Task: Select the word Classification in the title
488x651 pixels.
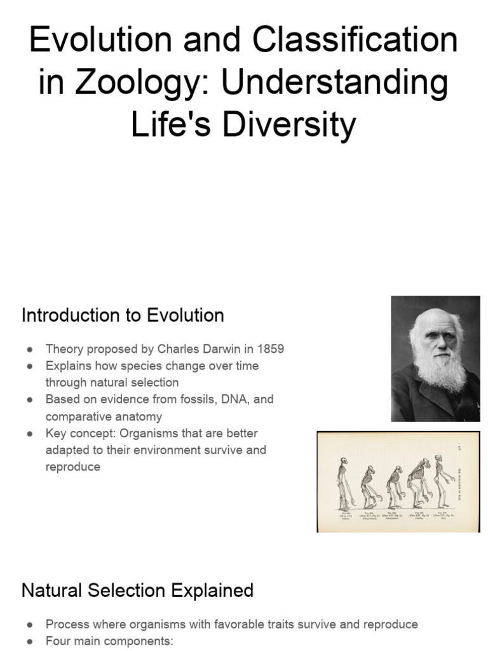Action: tap(355, 41)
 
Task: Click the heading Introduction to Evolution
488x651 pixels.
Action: tap(123, 315)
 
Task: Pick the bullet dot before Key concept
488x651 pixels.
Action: tap(30, 433)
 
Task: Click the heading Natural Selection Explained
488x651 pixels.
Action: tap(137, 590)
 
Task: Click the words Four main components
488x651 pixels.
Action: tap(109, 641)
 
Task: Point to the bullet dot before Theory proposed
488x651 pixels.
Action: tap(30, 349)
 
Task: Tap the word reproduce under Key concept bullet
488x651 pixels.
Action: tap(73, 467)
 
